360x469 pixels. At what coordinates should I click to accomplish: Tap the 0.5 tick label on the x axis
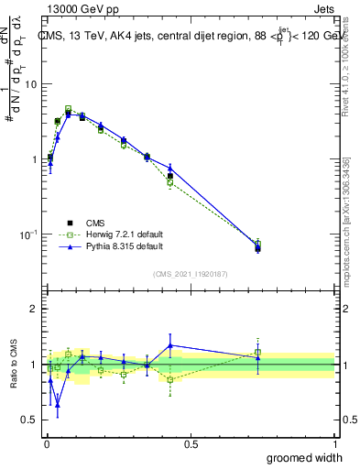[x=191, y=444]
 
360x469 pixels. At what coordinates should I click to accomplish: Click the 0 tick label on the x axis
[x=47, y=444]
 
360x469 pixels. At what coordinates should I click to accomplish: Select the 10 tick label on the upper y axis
[x=30, y=84]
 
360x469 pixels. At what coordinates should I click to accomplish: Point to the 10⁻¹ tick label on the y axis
[x=27, y=234]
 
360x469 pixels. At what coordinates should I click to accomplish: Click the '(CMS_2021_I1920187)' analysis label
[x=191, y=275]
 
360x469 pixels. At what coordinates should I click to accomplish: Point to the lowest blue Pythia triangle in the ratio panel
[x=58, y=404]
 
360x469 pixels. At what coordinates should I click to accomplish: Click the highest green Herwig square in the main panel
[x=69, y=108]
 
